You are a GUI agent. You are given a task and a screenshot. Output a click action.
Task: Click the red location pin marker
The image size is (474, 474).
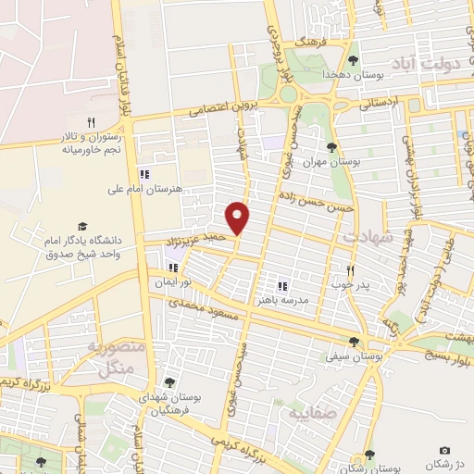tap(239, 218)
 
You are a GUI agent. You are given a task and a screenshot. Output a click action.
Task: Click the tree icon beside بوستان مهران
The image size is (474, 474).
tap(331, 146)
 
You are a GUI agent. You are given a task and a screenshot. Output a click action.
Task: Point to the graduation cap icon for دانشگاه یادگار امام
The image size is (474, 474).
tap(81, 226)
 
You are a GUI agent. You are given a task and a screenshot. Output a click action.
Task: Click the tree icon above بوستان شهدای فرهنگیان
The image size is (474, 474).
tap(168, 380)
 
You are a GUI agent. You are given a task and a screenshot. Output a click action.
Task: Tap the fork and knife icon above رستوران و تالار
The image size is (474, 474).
tap(91, 121)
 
